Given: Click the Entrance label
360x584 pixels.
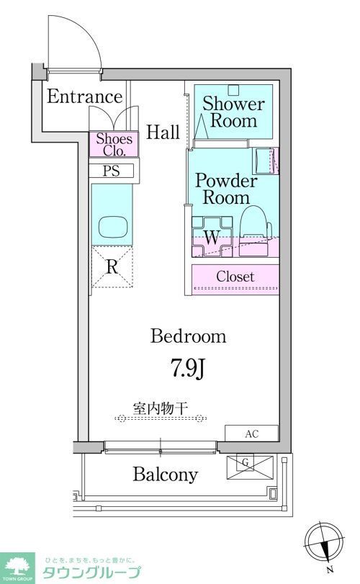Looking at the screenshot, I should (x=85, y=96).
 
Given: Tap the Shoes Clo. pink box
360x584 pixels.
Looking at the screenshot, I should (x=110, y=145).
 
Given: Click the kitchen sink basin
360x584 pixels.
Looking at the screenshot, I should (x=112, y=226).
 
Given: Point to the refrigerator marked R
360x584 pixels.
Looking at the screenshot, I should (x=112, y=267).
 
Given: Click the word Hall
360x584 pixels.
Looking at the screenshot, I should (x=163, y=132).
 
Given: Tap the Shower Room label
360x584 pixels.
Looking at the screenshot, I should (x=233, y=112).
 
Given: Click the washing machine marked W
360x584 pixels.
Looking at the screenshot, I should (x=211, y=236).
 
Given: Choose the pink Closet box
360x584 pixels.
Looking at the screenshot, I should (x=235, y=277).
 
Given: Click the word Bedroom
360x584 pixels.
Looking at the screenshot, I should (x=189, y=336).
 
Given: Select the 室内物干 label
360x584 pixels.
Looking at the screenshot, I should (x=160, y=408).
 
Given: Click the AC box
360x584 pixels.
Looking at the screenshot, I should (x=251, y=433).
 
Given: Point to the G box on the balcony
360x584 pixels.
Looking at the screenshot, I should (x=246, y=465).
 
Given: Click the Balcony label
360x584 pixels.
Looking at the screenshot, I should (x=164, y=475).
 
